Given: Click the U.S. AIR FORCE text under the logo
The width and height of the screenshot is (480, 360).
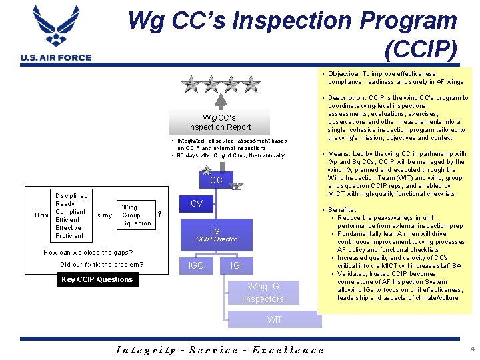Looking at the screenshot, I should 56,58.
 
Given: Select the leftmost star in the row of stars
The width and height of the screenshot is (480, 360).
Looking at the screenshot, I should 191,84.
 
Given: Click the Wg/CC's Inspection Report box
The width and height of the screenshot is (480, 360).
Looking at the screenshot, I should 219,122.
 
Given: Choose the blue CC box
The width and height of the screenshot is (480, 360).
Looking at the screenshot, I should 216,180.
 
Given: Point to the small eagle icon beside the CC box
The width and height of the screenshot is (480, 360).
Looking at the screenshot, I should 235,187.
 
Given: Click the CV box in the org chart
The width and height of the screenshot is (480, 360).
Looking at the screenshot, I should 197,204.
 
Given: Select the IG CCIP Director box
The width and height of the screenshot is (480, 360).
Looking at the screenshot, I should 216,235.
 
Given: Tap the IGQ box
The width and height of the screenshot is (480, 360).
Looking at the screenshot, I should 197,266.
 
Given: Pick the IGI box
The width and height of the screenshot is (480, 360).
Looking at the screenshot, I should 236,266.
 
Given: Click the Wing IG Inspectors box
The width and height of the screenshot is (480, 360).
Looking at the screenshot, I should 263,293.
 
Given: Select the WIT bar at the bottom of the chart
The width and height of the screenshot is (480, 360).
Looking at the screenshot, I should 274,319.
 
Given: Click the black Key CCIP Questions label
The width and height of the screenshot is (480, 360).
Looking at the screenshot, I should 97,279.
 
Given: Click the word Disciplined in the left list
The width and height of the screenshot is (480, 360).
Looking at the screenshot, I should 71,196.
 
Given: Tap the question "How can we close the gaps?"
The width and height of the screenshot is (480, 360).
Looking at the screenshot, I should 88,253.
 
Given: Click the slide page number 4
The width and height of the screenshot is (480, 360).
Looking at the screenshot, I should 471,349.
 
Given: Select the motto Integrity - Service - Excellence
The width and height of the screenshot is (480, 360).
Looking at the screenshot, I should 220,349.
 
